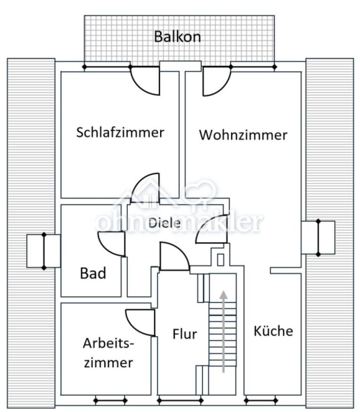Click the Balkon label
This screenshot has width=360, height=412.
click(178, 37)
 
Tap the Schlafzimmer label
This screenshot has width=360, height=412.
click(120, 133)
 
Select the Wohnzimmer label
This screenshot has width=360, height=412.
click(243, 135)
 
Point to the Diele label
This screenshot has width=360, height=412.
click(164, 222)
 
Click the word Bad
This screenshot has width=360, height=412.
click(93, 273)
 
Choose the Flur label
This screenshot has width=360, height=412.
click(184, 334)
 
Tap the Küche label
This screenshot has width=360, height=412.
click(273, 331)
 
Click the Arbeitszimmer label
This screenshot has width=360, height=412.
click(108, 352)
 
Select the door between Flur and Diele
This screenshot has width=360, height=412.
click(174, 257)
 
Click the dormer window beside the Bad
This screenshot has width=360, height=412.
click(44, 251)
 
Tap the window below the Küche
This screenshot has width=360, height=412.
click(260, 400)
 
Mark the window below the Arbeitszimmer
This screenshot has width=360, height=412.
click(110, 400)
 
